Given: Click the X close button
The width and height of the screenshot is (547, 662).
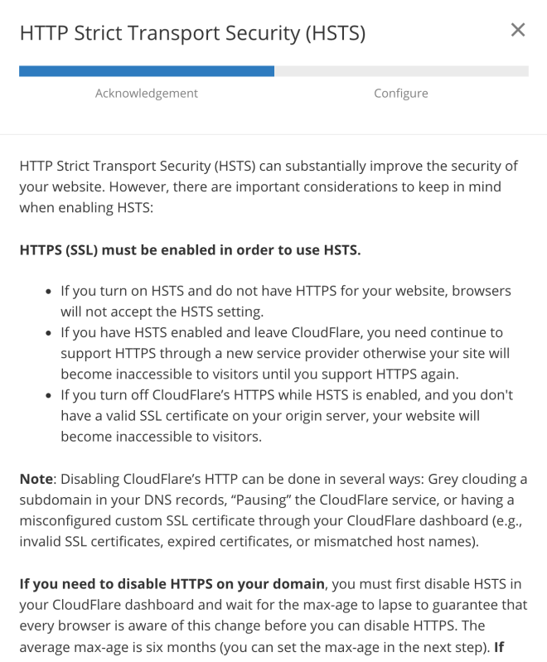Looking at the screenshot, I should (x=518, y=31).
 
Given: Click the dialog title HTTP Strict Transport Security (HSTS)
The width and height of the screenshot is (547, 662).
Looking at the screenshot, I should (x=192, y=33).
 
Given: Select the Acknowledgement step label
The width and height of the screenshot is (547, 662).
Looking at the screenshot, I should (x=147, y=93).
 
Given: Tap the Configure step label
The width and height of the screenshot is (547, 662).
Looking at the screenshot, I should (x=401, y=93).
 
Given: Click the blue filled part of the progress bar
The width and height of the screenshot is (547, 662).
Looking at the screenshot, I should (x=147, y=71).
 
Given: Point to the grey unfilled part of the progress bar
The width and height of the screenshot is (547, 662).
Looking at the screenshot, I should (x=401, y=71).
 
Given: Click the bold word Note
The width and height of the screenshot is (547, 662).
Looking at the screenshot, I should (x=36, y=478).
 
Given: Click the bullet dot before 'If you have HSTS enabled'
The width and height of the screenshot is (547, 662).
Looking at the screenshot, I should (x=47, y=332).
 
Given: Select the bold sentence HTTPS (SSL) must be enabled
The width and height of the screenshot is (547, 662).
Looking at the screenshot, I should (x=190, y=249).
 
